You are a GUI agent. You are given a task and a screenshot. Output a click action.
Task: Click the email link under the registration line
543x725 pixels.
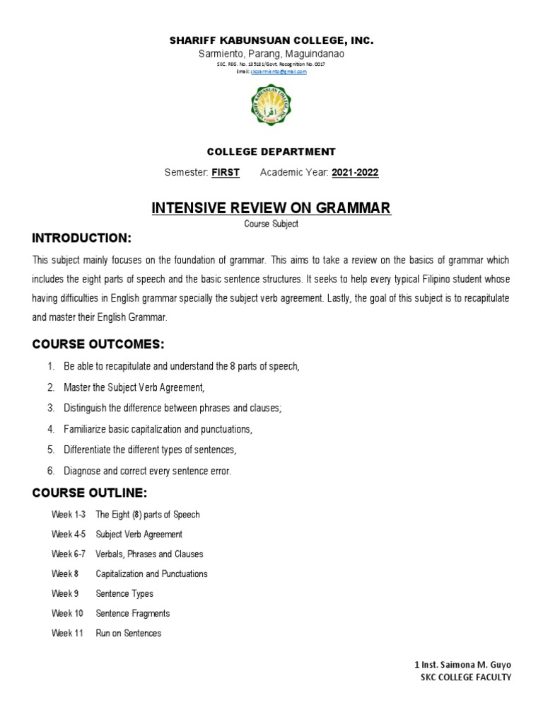279,72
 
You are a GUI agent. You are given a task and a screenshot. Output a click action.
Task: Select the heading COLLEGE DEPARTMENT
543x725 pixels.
271,152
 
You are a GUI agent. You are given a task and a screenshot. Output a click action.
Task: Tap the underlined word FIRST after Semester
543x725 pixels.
226,173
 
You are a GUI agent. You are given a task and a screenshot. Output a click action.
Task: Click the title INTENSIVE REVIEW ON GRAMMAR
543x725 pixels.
271,207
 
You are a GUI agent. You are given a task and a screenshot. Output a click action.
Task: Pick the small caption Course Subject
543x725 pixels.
271,224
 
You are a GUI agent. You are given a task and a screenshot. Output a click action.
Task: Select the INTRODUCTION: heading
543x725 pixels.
81,236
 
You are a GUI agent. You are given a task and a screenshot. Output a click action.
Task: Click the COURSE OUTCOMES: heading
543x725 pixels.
98,344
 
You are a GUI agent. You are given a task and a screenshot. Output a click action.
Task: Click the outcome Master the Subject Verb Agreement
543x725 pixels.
134,387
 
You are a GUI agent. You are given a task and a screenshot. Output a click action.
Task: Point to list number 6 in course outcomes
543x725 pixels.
50,470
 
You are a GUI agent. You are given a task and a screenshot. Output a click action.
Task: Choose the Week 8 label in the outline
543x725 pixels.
62,573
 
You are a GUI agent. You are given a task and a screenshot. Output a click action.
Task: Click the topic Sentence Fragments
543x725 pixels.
133,613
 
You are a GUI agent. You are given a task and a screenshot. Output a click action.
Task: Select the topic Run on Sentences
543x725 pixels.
129,633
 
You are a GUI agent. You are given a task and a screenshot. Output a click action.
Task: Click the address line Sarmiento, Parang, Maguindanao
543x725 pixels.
271,54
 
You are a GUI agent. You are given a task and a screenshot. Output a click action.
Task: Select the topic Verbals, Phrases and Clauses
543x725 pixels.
149,554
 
